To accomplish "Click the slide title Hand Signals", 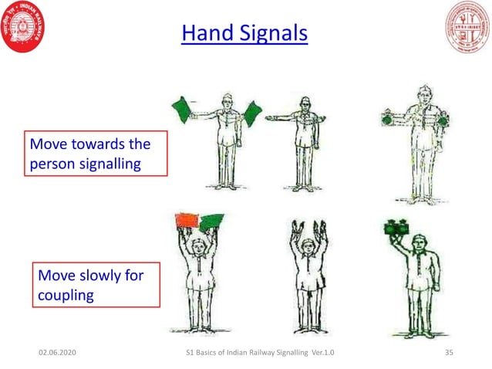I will [x=244, y=34].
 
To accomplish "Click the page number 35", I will [x=451, y=352].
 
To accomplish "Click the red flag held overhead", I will [x=187, y=221].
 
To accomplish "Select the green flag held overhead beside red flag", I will [x=211, y=222].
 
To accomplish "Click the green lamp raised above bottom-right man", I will [x=396, y=228].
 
